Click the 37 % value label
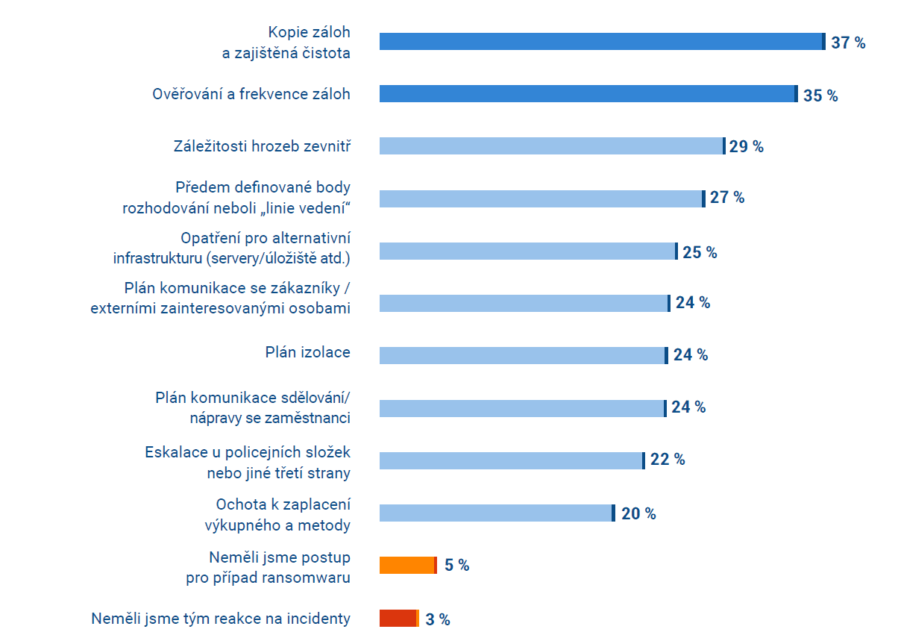click(x=848, y=43)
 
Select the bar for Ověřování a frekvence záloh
click(x=588, y=94)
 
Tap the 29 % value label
click(x=746, y=146)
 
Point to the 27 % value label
click(x=726, y=198)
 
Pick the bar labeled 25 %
click(x=528, y=251)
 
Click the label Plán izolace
click(x=307, y=352)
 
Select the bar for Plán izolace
click(x=523, y=355)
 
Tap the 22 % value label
click(x=667, y=460)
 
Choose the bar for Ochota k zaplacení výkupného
click(x=497, y=513)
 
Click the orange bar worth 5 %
click(x=407, y=566)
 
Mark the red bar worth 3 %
click(x=399, y=619)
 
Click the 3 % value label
click(x=437, y=619)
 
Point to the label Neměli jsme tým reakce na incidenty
click(x=221, y=619)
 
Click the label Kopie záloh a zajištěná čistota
click(x=309, y=43)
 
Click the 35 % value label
click(x=820, y=96)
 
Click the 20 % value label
click(x=638, y=514)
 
